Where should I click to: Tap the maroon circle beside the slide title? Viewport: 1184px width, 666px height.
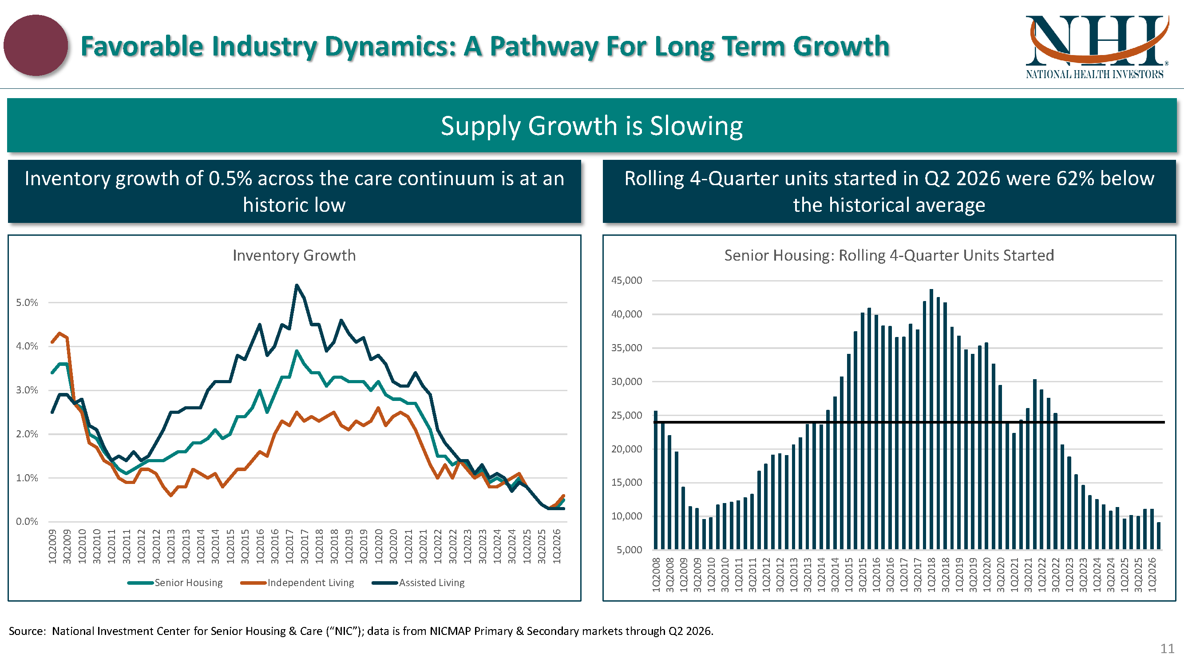coord(36,45)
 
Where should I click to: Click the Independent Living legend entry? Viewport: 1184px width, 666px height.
coord(297,583)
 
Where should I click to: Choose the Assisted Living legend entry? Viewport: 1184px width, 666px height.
coord(418,583)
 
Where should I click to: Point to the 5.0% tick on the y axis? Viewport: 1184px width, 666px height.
coord(27,302)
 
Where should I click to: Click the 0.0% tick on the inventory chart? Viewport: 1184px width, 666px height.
coord(27,522)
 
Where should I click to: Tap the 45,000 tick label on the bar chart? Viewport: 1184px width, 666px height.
coord(626,280)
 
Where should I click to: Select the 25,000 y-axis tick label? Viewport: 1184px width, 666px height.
coord(626,416)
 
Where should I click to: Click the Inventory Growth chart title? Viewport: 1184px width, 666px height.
coord(294,255)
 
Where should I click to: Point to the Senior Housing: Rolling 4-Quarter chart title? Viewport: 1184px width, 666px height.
coord(889,255)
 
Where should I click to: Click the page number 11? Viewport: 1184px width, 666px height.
coord(1167,649)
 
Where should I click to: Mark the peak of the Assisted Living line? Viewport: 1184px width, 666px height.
coord(297,285)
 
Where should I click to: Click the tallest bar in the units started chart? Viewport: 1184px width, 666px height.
coord(931,419)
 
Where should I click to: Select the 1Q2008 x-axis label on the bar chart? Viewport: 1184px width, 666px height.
coord(656,575)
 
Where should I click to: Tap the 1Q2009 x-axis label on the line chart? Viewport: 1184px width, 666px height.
coord(52,547)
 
